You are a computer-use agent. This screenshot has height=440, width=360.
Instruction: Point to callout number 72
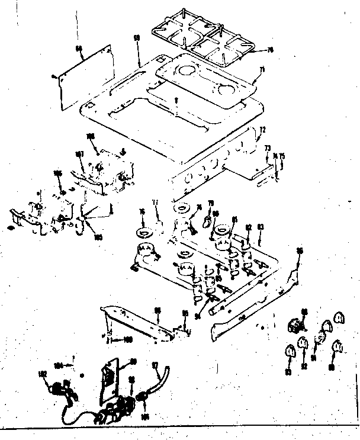[x=263, y=129]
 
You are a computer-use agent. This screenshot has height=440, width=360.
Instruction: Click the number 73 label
[x=267, y=147]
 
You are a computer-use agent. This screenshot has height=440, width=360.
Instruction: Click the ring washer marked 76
[x=142, y=229]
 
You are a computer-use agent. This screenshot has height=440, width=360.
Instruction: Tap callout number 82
[x=249, y=227]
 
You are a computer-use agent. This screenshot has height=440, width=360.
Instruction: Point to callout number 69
[x=137, y=38]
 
